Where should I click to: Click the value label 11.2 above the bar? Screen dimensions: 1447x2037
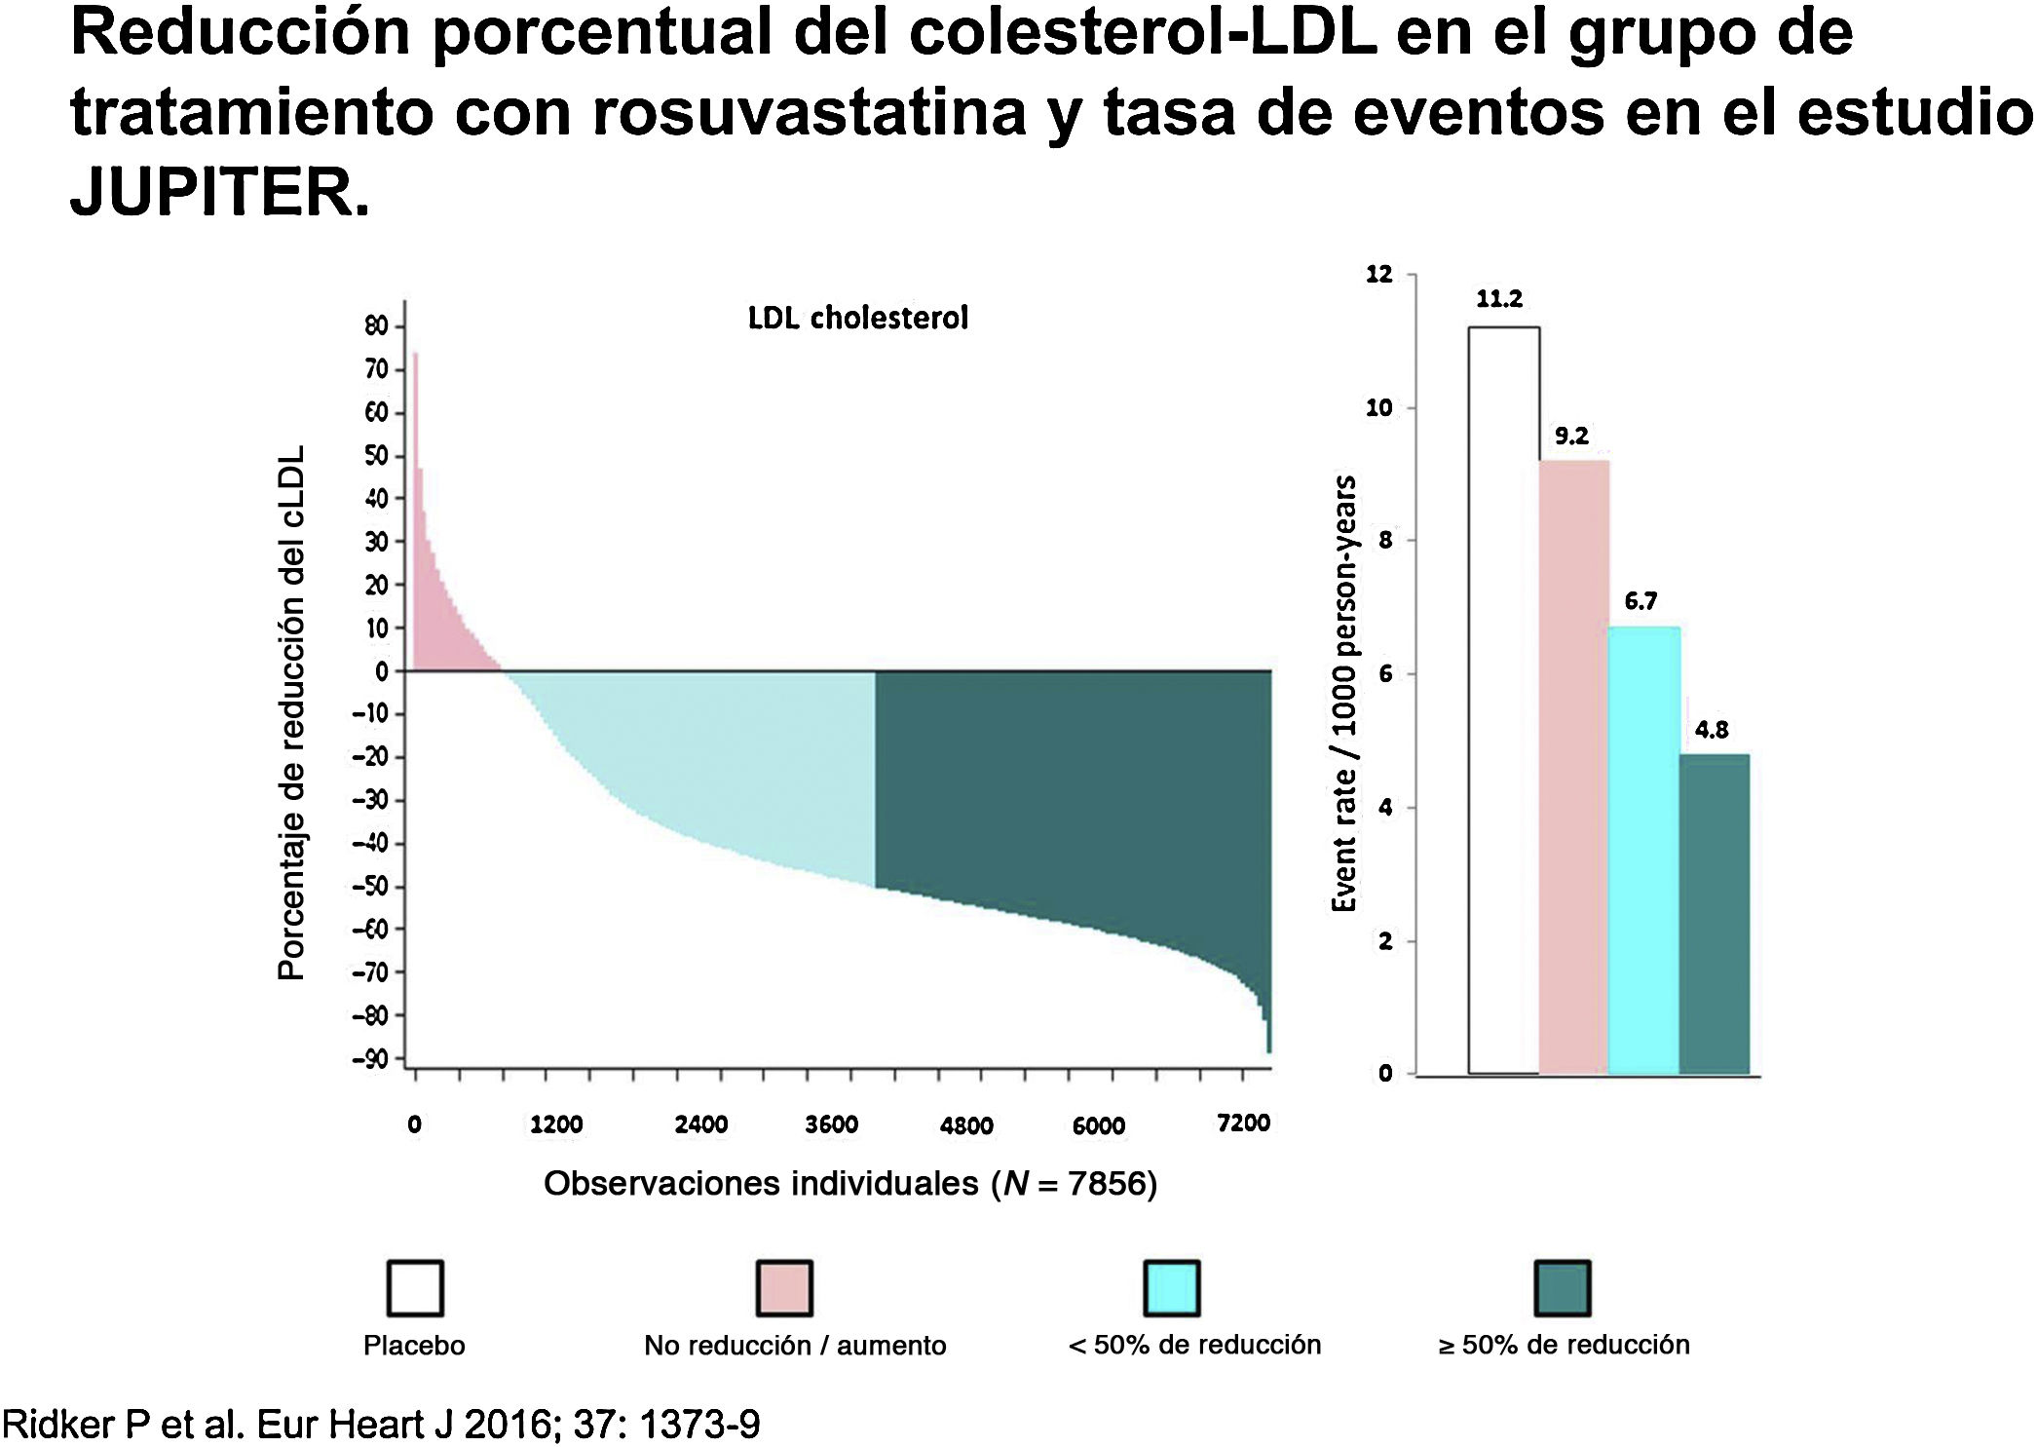[x=1498, y=299]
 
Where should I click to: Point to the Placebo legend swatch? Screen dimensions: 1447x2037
[x=415, y=1288]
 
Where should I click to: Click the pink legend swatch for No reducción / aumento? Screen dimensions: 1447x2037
[x=784, y=1288]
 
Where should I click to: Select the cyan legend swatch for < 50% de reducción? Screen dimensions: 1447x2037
[x=1171, y=1288]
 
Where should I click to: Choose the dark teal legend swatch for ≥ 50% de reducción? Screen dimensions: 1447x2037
[x=1563, y=1288]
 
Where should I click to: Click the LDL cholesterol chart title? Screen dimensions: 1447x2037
[x=857, y=318]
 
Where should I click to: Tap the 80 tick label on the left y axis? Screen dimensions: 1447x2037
[x=376, y=326]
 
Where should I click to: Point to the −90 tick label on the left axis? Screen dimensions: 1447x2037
[x=370, y=1059]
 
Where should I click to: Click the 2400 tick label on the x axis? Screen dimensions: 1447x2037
[x=700, y=1124]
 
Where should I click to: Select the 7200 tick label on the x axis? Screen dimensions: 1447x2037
[x=1243, y=1123]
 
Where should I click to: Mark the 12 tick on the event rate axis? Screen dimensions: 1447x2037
[x=1378, y=275]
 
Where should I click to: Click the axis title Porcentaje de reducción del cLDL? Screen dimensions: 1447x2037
[x=291, y=712]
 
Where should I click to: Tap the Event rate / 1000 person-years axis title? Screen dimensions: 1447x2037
[x=1344, y=694]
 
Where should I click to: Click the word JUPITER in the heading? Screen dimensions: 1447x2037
[x=219, y=192]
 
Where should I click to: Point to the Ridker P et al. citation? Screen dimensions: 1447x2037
[x=381, y=1425]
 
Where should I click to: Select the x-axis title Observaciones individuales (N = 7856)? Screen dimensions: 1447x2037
[x=849, y=1184]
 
